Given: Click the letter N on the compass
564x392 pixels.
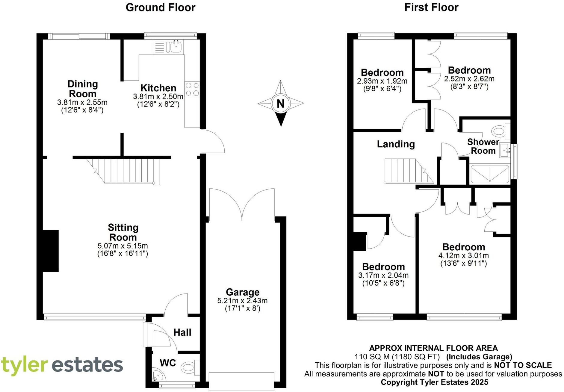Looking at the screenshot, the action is pyautogui.click(x=280, y=104).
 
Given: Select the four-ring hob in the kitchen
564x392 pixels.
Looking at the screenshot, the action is pyautogui.click(x=192, y=89).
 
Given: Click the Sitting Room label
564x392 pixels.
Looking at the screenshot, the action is pyautogui.click(x=123, y=232).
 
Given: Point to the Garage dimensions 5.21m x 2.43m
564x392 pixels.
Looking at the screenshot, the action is pyautogui.click(x=242, y=300).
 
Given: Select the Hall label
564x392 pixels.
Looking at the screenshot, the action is pyautogui.click(x=182, y=332).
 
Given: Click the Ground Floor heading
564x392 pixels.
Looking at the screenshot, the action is pyautogui.click(x=160, y=7).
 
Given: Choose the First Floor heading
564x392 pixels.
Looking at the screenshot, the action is pyautogui.click(x=431, y=7).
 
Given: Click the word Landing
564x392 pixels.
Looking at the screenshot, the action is pyautogui.click(x=396, y=144).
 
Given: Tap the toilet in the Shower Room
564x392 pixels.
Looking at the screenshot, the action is pyautogui.click(x=499, y=131).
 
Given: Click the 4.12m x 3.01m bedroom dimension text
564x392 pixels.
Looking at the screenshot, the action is pyautogui.click(x=463, y=255).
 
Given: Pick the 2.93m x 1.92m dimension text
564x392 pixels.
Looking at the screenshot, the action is pyautogui.click(x=382, y=81).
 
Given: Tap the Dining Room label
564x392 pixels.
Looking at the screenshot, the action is pyautogui.click(x=82, y=89).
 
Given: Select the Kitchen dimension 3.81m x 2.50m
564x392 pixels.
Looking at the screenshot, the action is pyautogui.click(x=158, y=96).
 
